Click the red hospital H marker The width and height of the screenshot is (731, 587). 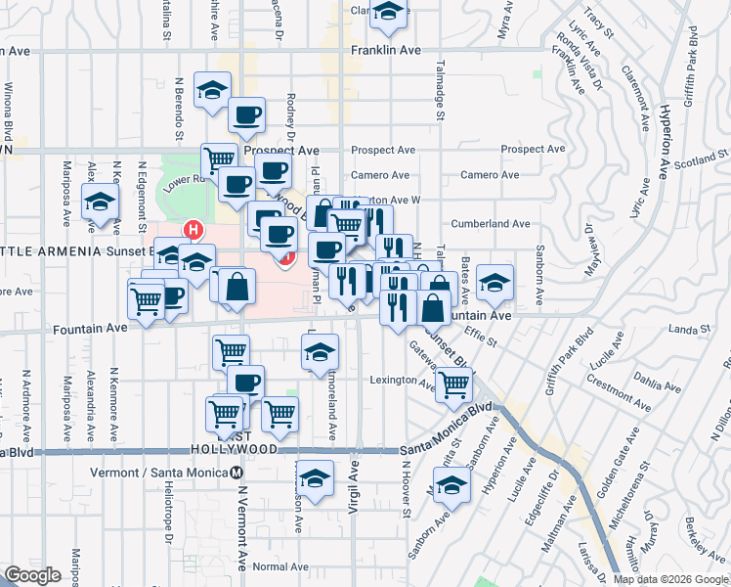[193, 231]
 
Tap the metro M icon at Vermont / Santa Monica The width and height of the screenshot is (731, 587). [237, 473]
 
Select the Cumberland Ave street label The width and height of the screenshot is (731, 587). [496, 224]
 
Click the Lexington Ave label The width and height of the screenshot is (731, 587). [401, 380]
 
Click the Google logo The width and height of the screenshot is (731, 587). [33, 575]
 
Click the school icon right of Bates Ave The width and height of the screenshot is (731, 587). [496, 283]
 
